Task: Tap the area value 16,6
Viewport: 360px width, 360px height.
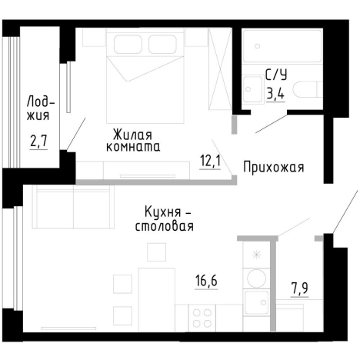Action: [x=205, y=282]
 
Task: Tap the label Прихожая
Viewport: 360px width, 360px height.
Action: [x=275, y=167]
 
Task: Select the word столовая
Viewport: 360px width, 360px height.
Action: [x=164, y=226]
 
